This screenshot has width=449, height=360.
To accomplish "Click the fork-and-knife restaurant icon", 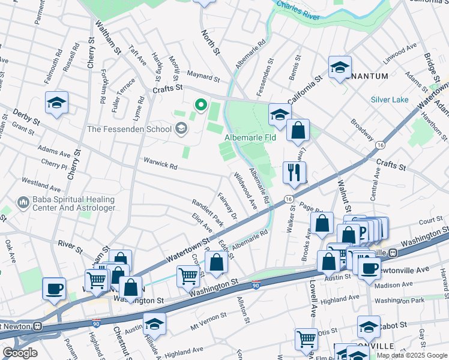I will point(294,172).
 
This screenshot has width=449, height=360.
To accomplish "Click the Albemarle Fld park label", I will point(250,137).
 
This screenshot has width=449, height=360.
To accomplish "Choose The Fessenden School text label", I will point(128,128).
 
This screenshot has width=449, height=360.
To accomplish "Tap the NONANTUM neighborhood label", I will point(366,76).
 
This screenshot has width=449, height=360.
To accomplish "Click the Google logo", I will point(20,353).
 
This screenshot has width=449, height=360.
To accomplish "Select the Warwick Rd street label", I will point(160,163).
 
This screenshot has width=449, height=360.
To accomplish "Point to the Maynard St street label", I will point(203,77).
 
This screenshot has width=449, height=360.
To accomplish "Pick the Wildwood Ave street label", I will point(246,190).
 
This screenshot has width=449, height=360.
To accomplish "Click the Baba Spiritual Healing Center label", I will point(67,203).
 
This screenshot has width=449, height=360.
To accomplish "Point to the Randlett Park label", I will point(208,212).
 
